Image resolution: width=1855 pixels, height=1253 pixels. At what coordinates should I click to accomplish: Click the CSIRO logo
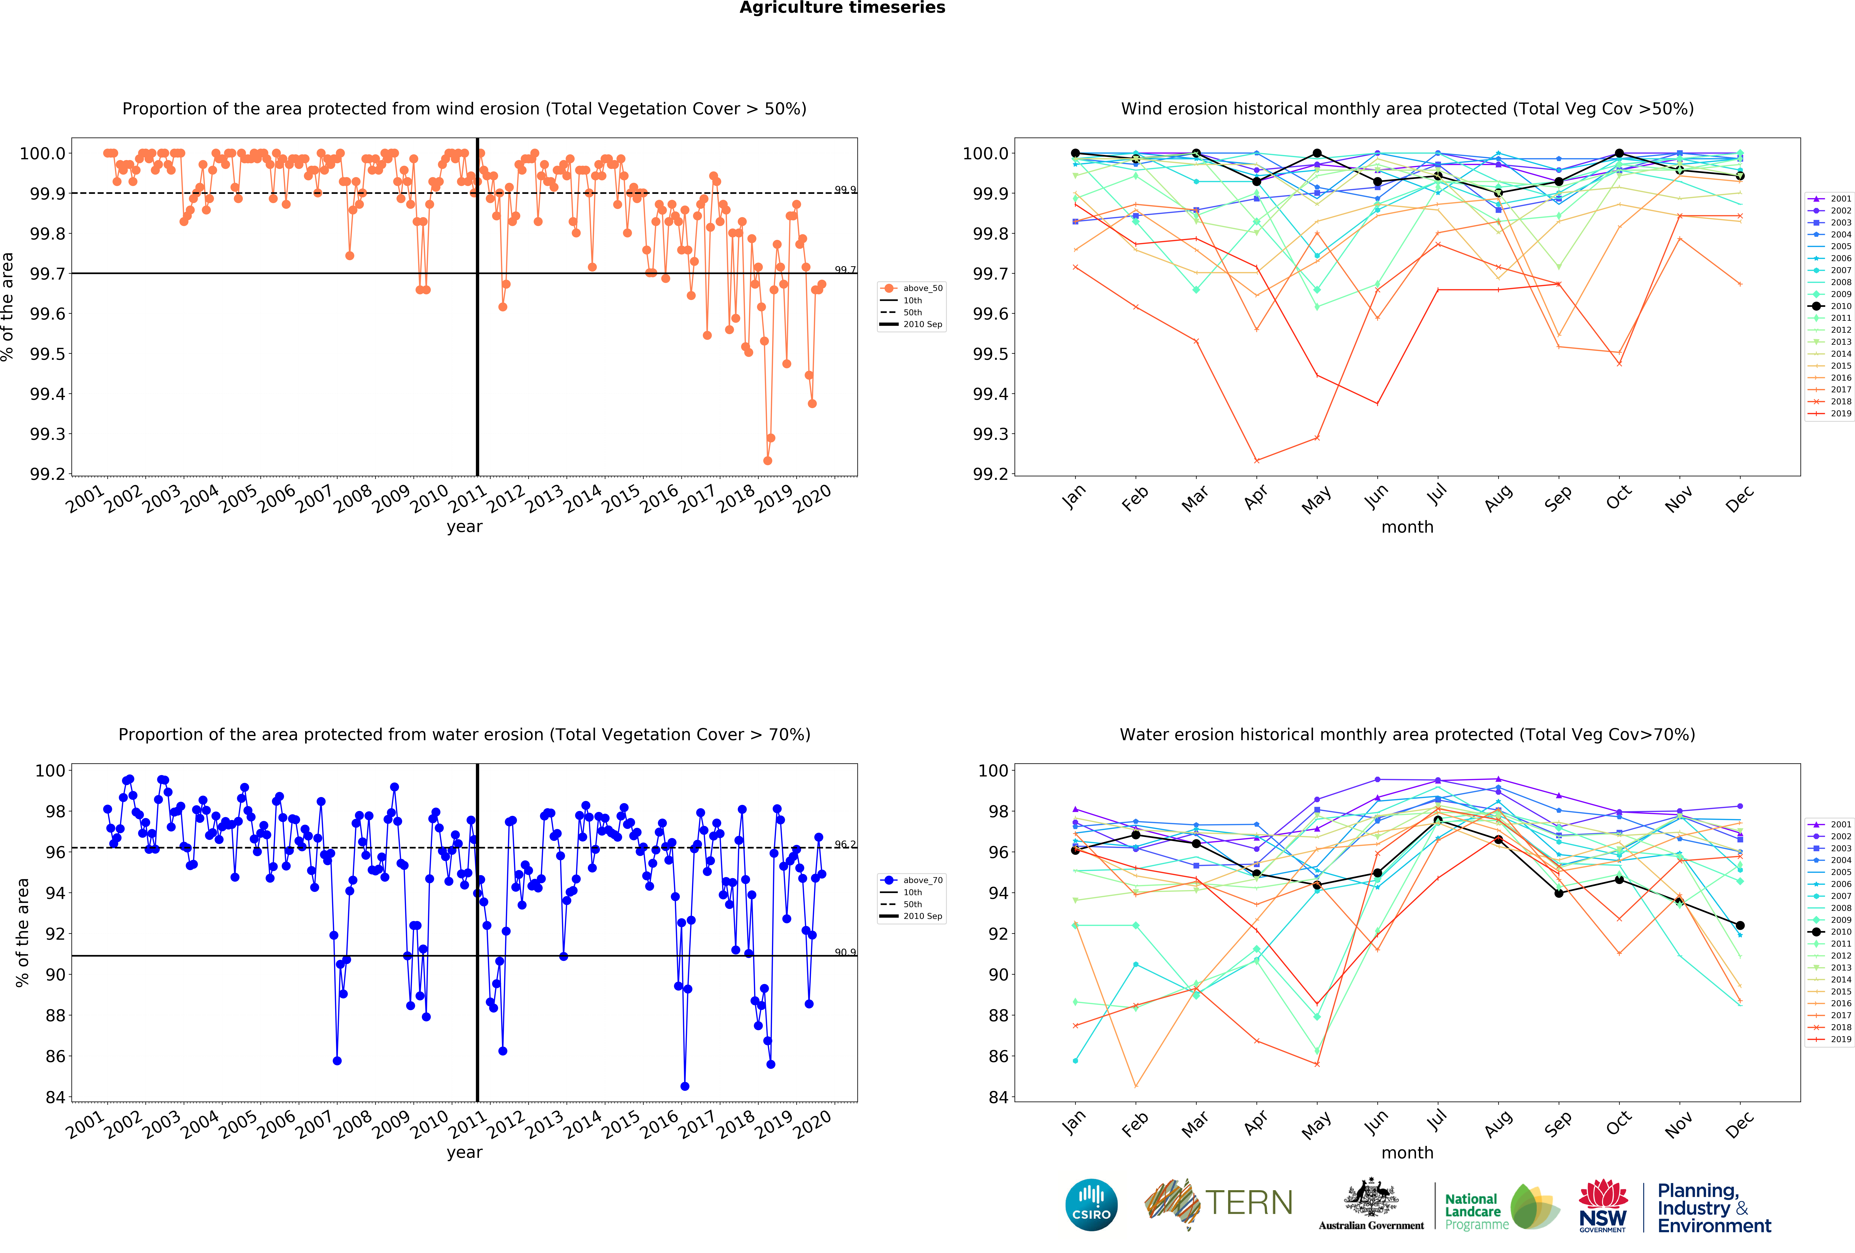(1091, 1204)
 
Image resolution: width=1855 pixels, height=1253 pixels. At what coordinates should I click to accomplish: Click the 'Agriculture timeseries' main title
(842, 8)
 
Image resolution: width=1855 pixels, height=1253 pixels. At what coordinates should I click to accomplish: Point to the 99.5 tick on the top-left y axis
(48, 354)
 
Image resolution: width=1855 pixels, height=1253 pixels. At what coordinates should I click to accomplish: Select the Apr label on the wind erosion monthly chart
(1256, 497)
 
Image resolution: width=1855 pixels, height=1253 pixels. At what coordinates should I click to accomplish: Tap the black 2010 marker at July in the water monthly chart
(1438, 820)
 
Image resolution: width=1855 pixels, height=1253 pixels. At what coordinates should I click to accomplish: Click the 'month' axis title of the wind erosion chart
(1407, 527)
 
